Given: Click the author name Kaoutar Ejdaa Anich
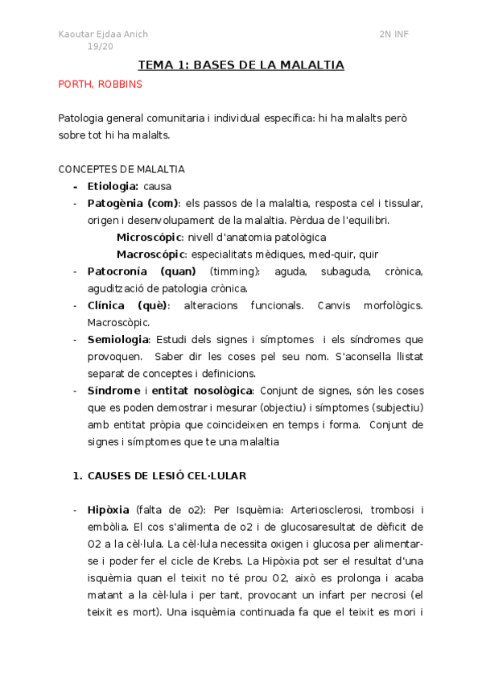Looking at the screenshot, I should (103, 34).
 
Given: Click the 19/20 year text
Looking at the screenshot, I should (101, 47).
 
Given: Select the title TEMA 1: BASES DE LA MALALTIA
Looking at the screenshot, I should (241, 65).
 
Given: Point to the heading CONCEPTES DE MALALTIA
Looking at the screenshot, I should (122, 169).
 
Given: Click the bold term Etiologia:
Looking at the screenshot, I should (113, 186).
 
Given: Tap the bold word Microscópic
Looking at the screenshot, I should (150, 237).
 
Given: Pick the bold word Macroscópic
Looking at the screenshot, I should (150, 254).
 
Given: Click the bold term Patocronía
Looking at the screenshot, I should (117, 271).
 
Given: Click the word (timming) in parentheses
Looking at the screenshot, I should (231, 271).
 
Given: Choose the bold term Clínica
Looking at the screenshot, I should (106, 305).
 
